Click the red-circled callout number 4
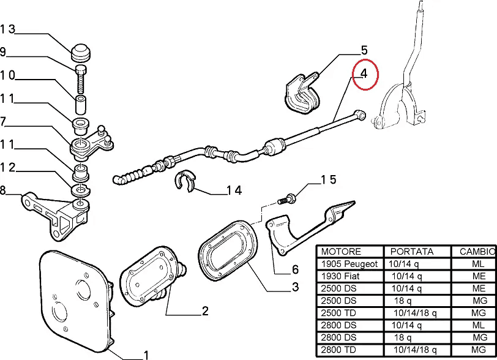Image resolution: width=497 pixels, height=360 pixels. pyautogui.click(x=364, y=73)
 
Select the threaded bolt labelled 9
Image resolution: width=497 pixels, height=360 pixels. pyautogui.click(x=81, y=78)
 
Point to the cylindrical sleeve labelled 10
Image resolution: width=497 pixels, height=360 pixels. pyautogui.click(x=81, y=104)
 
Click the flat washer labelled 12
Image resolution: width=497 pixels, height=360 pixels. pyautogui.click(x=81, y=190)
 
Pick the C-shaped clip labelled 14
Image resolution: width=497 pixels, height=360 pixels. pyautogui.click(x=185, y=181)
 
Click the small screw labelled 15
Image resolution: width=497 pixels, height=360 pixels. pyautogui.click(x=287, y=199)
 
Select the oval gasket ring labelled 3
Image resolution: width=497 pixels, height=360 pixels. pyautogui.click(x=228, y=250)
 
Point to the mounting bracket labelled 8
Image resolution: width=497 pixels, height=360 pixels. pyautogui.click(x=56, y=216)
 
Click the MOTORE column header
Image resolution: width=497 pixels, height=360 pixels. pyautogui.click(x=341, y=252)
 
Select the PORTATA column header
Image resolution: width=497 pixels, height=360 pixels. pyautogui.click(x=411, y=252)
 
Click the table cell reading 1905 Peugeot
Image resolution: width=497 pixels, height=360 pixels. pyautogui.click(x=349, y=264)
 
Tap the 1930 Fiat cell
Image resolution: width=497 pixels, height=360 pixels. pyautogui.click(x=340, y=276)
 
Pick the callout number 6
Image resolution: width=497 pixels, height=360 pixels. pyautogui.click(x=295, y=269)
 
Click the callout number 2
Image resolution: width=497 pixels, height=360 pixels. pyautogui.click(x=205, y=311)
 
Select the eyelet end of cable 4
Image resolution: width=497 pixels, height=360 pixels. pyautogui.click(x=360, y=115)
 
